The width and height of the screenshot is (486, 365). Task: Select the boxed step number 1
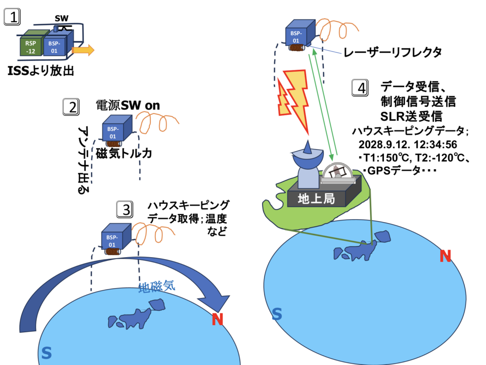13,19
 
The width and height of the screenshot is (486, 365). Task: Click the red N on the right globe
445,256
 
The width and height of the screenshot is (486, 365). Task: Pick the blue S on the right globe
277,314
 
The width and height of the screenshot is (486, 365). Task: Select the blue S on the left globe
46,352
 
